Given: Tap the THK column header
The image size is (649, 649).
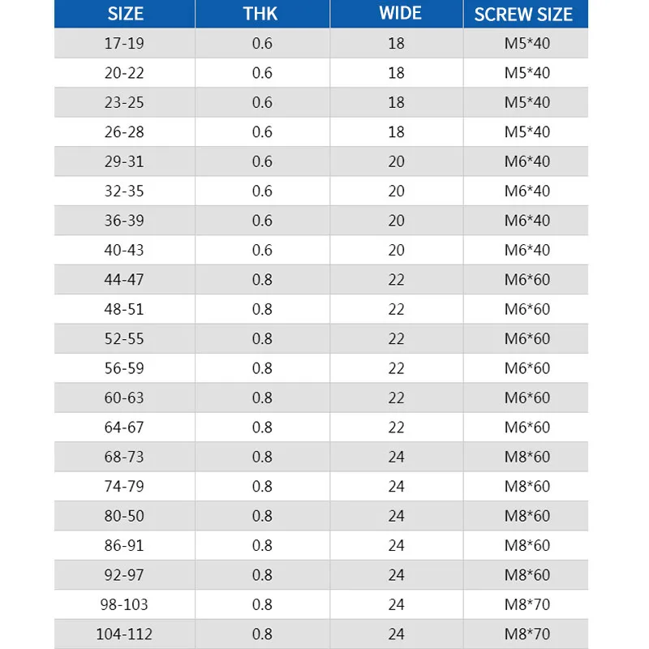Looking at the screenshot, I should click(261, 14).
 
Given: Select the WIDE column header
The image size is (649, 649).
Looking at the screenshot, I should click(396, 14).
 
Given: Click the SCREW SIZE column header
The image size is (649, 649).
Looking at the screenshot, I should click(525, 14).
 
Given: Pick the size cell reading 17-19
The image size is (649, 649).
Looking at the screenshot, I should click(124, 43).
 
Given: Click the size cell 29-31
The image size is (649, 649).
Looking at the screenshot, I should click(124, 161).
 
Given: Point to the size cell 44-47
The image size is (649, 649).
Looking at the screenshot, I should click(124, 280).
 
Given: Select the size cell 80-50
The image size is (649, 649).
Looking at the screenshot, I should click(124, 516).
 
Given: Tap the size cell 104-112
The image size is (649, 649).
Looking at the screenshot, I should click(124, 634).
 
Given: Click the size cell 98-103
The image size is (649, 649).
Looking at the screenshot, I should click(124, 604).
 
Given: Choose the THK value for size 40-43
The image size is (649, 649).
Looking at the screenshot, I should click(262, 250).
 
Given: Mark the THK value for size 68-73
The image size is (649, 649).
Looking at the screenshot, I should click(262, 457).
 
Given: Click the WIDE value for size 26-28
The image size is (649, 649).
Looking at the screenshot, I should click(396, 131).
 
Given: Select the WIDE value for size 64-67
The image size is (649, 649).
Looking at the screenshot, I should click(396, 428).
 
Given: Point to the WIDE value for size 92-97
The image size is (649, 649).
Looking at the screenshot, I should click(396, 575).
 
